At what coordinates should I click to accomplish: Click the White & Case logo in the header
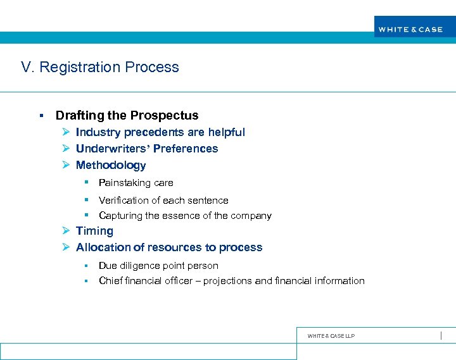pyautogui.click(x=410, y=29)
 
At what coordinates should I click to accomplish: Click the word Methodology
pyautogui.click(x=111, y=165)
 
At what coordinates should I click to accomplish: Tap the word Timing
pyautogui.click(x=94, y=232)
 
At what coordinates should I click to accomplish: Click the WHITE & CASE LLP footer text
pyautogui.click(x=331, y=336)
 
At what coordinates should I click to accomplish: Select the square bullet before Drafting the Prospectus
pyautogui.click(x=41, y=116)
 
